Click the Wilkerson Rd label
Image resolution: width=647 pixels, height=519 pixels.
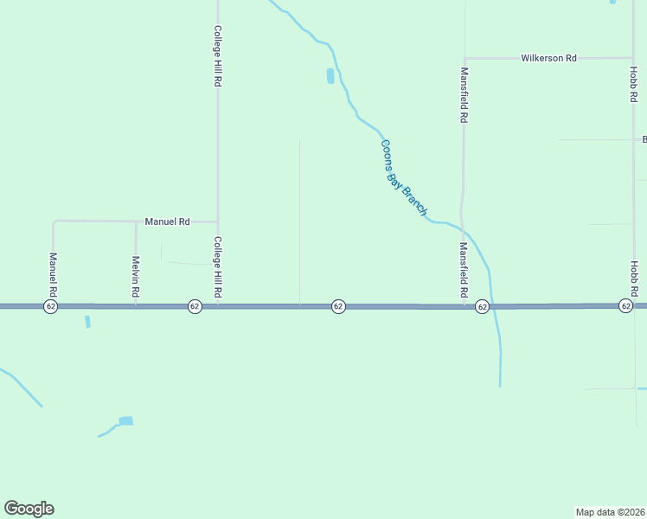point(548,58)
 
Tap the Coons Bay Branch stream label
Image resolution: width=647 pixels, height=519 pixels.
point(404,177)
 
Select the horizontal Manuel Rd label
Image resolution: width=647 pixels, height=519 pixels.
point(167,221)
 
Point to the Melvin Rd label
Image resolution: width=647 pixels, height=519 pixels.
point(136,277)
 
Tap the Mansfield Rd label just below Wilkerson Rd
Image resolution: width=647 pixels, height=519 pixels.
point(464,94)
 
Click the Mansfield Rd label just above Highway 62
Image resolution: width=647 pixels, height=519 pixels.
point(464,272)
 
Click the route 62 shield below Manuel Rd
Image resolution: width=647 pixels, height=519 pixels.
point(51,306)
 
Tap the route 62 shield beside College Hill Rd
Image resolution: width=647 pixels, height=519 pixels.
point(195,306)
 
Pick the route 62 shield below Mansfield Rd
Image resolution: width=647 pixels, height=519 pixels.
point(483,306)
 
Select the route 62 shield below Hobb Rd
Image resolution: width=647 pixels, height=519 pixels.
point(625,306)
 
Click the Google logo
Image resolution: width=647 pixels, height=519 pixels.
point(29,509)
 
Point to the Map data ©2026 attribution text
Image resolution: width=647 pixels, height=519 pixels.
point(611,511)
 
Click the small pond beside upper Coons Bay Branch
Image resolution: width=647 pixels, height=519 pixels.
point(330,76)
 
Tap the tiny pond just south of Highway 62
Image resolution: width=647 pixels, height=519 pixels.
point(87,322)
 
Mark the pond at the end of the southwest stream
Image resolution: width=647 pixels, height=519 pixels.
point(126,421)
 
